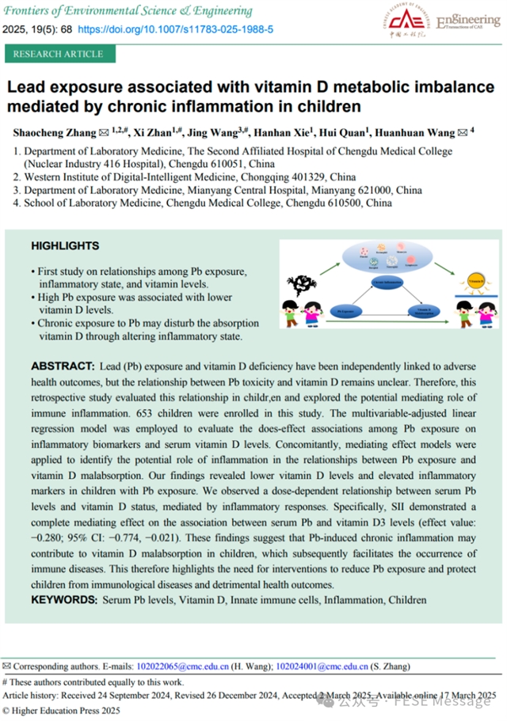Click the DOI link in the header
[x=175, y=28]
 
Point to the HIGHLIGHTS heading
[x=65, y=246]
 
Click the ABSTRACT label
[x=62, y=368]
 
